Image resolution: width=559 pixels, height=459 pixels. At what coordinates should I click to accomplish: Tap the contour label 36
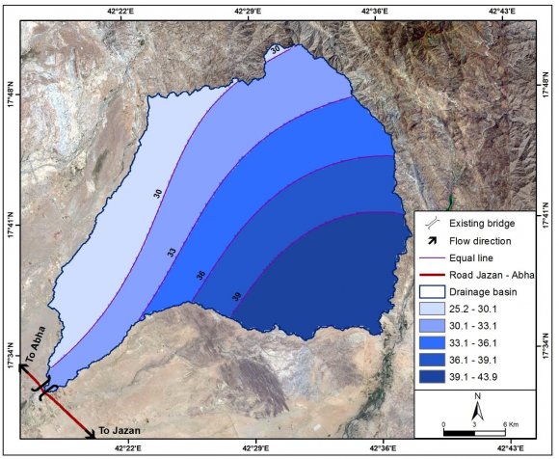tap(200, 275)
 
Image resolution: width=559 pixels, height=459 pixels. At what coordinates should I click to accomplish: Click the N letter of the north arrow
tap(476, 396)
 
